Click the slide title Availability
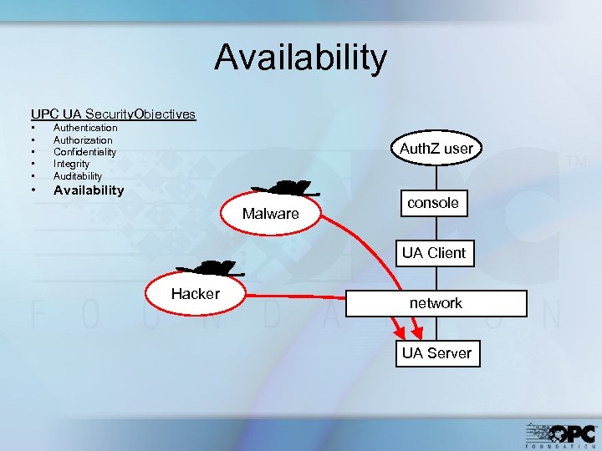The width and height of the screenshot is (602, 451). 301,58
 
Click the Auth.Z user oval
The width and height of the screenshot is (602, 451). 436,149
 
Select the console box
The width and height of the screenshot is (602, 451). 433,203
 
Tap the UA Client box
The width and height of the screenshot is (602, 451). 434,253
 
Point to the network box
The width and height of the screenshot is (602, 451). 436,303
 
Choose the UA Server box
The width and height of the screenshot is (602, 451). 436,353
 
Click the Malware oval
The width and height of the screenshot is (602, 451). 270,214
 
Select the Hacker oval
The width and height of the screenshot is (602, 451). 196,294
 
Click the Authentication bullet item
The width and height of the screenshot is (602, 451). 85,128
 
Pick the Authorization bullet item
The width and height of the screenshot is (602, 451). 83,140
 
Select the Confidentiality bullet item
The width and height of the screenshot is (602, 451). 84,152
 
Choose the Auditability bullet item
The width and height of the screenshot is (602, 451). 78,176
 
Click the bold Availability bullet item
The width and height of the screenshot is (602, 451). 89,190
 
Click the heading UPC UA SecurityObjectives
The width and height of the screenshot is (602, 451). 113,114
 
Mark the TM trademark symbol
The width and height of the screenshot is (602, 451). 577,162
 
